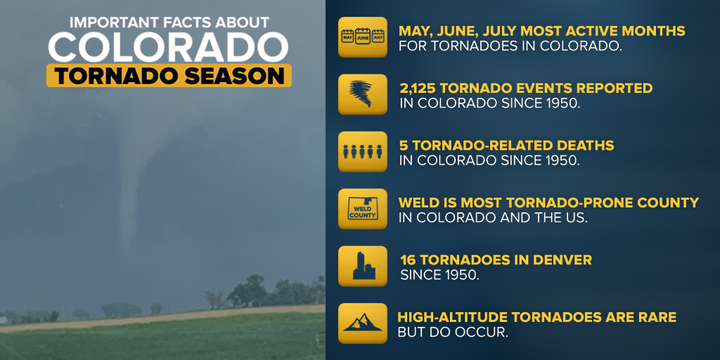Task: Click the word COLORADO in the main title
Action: point(168,47)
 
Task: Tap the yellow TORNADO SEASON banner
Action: point(169,75)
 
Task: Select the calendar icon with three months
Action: point(363,37)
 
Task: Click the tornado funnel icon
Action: point(363,94)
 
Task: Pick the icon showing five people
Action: point(363,152)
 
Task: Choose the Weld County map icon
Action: point(363,209)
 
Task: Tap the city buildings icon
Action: point(363,266)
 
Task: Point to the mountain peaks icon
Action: point(363,323)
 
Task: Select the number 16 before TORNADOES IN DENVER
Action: point(407,260)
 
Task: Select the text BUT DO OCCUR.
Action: point(453,333)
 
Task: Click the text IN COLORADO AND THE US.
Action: point(493,218)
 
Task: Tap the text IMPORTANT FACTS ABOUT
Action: point(169,22)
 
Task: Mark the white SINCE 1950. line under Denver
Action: point(440,275)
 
